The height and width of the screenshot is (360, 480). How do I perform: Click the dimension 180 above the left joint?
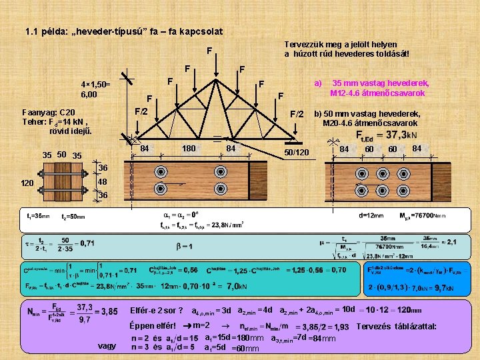coord(189,148)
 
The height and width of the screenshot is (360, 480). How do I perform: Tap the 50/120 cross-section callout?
coord(297,153)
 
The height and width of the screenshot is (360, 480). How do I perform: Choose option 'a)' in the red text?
coord(318,83)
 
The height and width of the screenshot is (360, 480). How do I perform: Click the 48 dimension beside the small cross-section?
coord(103,182)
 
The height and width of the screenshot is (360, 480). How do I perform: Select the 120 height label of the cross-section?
coord(27,183)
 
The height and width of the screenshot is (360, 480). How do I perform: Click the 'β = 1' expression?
coord(185,246)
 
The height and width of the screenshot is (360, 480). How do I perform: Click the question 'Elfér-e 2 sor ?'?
coord(156,311)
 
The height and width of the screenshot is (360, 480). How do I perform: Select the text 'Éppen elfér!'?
coord(152,327)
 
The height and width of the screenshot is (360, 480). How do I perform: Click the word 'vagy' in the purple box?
coord(106,346)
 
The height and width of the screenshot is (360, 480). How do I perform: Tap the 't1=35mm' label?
coord(38,216)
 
